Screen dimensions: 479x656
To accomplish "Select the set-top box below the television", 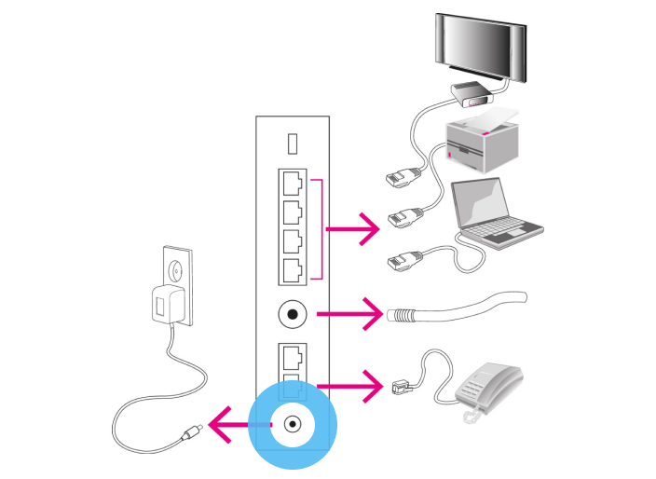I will point(471,91).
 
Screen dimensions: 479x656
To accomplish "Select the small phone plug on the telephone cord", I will point(400,380).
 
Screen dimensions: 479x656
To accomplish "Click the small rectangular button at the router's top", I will point(293,144).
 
